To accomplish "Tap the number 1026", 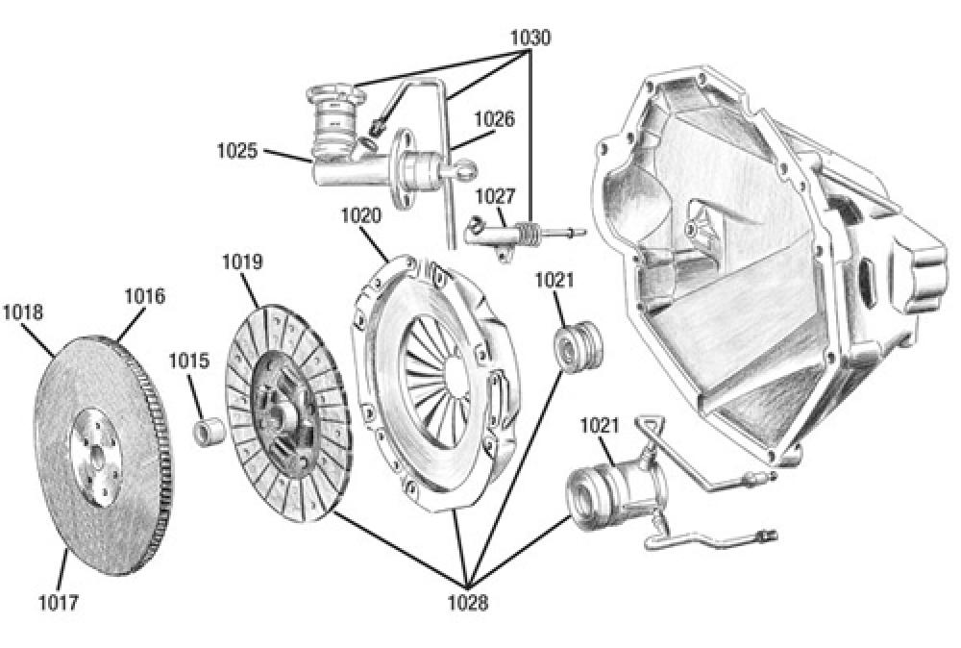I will (494, 120).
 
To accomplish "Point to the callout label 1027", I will (497, 196).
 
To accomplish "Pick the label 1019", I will (242, 262).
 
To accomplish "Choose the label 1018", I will (22, 312).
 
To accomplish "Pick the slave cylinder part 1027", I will (500, 233).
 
